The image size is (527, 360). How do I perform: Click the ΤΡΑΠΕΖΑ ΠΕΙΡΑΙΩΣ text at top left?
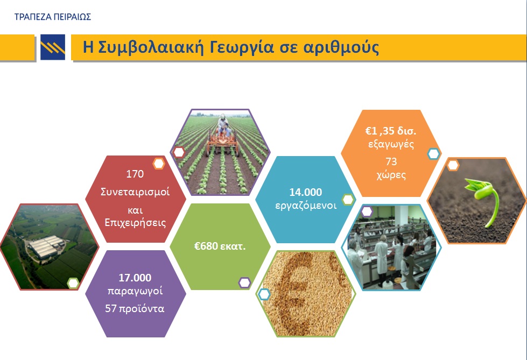53,17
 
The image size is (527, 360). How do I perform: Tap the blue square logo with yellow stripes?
53,47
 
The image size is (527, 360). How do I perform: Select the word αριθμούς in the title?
341,47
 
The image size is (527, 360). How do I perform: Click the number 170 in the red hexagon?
135,174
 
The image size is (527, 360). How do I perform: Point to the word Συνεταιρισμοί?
135,192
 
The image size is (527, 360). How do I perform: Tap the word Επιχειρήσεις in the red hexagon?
135,223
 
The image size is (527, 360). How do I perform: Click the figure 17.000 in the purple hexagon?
135,278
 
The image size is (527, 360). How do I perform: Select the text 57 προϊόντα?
135,308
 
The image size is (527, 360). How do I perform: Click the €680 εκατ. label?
220,246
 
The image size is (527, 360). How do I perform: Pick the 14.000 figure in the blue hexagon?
306,192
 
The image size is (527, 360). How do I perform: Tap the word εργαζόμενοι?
306,206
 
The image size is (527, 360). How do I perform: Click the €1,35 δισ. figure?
391,130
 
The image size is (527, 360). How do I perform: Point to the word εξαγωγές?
391,144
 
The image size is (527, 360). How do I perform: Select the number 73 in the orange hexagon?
391,161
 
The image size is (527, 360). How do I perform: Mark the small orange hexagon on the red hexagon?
159,164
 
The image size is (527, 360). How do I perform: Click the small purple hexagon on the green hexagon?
245,283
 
